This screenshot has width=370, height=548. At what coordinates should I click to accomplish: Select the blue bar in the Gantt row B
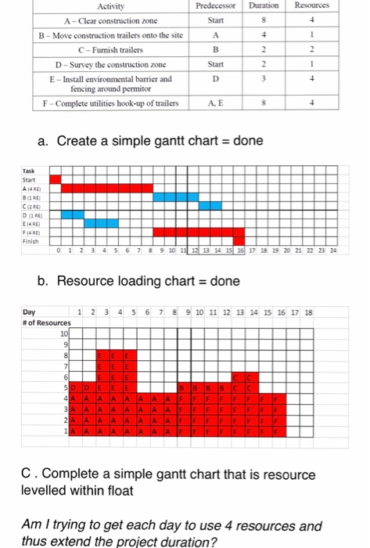(x=175, y=196)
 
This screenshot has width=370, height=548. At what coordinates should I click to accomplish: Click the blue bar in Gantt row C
(x=210, y=205)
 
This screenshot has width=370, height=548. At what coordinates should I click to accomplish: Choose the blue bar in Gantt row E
(x=102, y=222)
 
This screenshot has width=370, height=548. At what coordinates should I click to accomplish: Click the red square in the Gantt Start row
(x=55, y=179)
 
